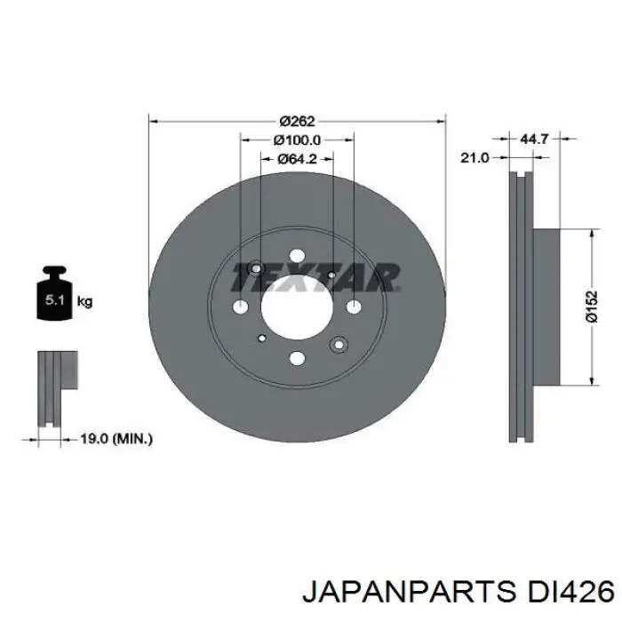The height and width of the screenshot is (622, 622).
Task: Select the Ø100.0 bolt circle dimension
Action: (x=298, y=140)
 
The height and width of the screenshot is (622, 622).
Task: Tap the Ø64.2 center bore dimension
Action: (x=298, y=159)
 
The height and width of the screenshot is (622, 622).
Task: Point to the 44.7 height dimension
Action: (x=533, y=140)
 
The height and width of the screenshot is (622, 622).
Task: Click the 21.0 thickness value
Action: (x=474, y=157)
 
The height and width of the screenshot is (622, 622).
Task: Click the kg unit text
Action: (x=85, y=302)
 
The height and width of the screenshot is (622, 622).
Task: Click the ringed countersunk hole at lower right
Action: (x=338, y=345)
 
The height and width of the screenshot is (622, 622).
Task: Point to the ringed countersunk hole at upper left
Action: (x=256, y=269)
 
